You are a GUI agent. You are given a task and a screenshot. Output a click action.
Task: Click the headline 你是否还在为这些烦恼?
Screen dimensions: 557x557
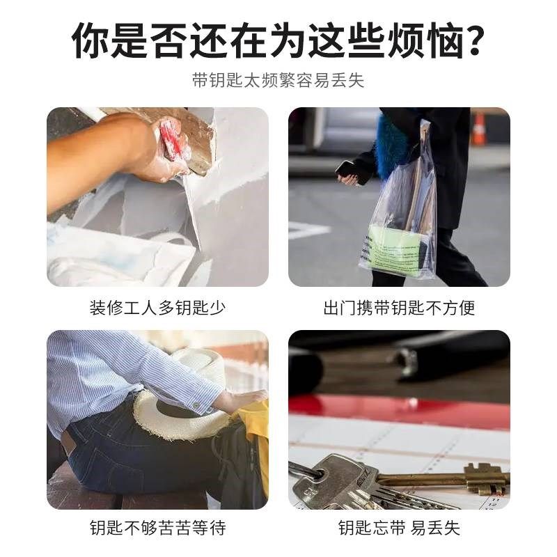(x=278, y=41)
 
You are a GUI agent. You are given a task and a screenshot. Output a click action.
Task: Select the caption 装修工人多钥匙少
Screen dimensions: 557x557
(x=157, y=307)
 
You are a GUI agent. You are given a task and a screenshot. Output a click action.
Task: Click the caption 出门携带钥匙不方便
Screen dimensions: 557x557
(x=399, y=307)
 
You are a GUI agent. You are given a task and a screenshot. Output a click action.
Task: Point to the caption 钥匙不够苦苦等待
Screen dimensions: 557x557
(x=157, y=527)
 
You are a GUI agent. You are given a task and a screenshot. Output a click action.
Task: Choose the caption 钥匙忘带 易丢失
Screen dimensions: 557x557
(x=399, y=527)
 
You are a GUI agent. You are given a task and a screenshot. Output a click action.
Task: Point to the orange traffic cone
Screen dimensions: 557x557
(x=478, y=128)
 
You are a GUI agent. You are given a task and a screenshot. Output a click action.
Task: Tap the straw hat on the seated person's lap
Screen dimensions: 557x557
(x=185, y=404)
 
